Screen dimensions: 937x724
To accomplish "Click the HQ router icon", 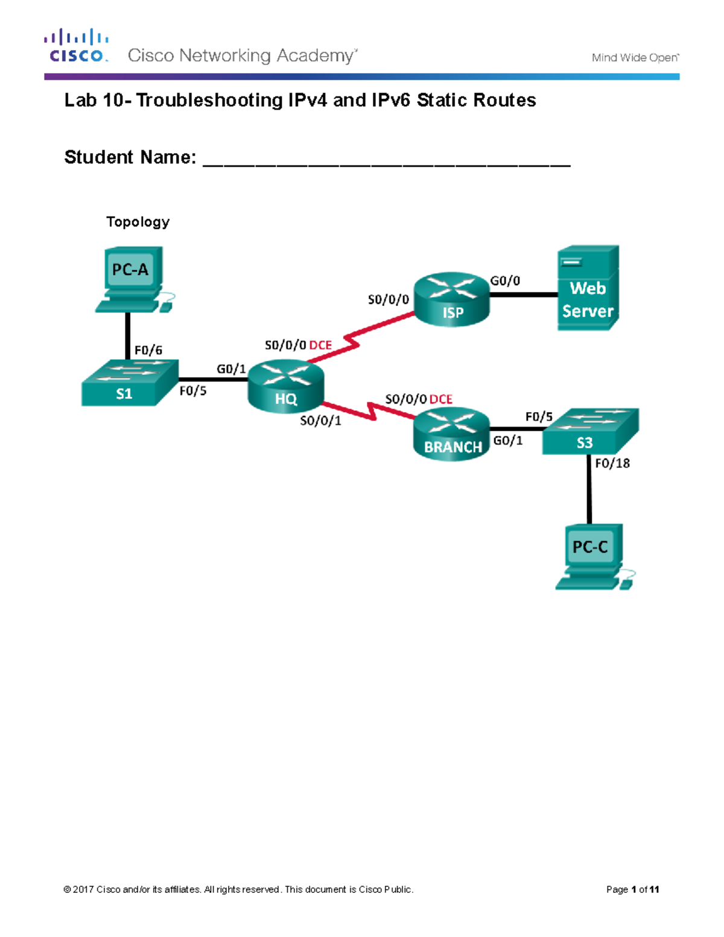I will [x=285, y=386].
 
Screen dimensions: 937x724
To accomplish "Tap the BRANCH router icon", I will [x=451, y=434].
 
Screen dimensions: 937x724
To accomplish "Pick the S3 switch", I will [x=590, y=431].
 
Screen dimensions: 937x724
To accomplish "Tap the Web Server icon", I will [x=588, y=288].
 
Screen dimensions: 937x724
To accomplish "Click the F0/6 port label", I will [x=148, y=350].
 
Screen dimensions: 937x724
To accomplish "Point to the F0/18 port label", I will [x=612, y=463].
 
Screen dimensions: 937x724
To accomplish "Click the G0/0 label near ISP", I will [x=505, y=281].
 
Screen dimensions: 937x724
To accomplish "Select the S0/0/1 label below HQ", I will [x=320, y=421].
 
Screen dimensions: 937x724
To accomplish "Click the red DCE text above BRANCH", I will [x=441, y=399].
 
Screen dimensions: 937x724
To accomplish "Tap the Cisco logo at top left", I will [x=77, y=46].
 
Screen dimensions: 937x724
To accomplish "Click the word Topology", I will [x=138, y=222].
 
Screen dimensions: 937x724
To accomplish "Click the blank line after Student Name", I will [x=386, y=159].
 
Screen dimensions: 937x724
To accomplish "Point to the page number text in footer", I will [x=632, y=889].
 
